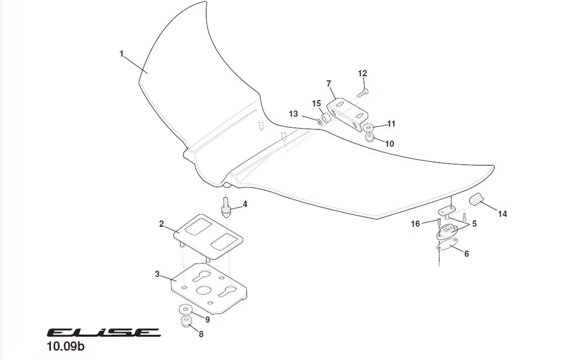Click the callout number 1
point(121,54)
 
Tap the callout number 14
point(502,214)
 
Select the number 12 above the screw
point(362,74)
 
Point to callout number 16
point(415,224)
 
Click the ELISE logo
point(103,332)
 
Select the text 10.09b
point(66,346)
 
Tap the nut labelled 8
point(186,322)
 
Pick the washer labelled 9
point(185,309)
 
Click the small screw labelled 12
point(363,92)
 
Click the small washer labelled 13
point(320,121)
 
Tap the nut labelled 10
point(370,138)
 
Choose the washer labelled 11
point(368,128)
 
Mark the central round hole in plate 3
point(203,290)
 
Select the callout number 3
point(157,274)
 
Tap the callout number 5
point(474,224)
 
